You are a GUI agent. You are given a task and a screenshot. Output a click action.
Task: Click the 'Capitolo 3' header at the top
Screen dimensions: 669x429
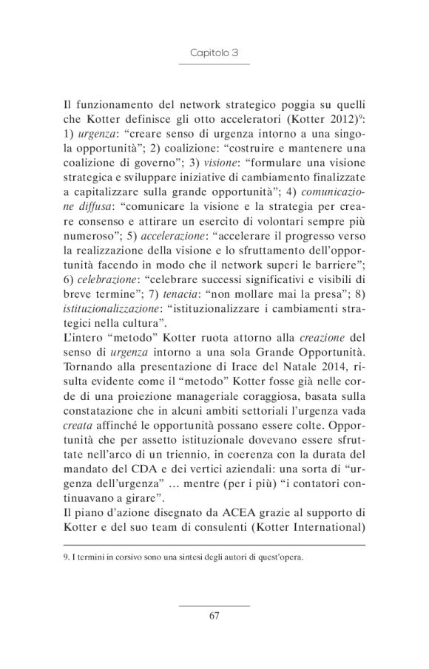click(214, 53)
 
